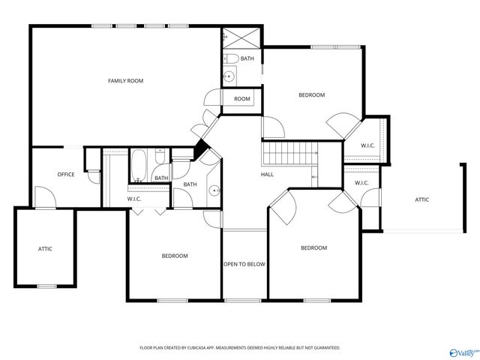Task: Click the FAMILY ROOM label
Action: coord(125,80)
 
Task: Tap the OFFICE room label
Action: coord(66,175)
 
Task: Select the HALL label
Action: coord(267,175)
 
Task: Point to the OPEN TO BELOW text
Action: coord(244,264)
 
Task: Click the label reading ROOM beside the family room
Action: coord(241,99)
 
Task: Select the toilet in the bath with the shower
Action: coord(231,58)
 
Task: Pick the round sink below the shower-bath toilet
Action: coord(230,75)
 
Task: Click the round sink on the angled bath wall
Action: coord(213,190)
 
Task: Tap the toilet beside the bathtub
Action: coord(160,156)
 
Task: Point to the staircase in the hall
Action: coord(289,154)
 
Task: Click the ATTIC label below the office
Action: coord(45,248)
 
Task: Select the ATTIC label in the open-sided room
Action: coord(422,199)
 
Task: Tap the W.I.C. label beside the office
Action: coord(134,199)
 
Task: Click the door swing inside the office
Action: coord(45,196)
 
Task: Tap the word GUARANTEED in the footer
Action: coord(324,348)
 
